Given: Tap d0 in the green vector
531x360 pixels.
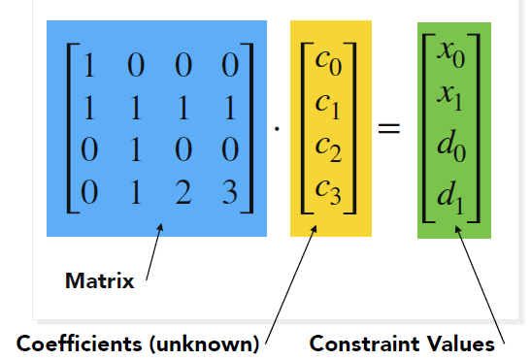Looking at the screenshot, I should tap(449, 144).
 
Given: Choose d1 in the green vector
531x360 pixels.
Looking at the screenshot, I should tap(449, 190).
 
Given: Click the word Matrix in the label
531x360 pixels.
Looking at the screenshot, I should tap(99, 282).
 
